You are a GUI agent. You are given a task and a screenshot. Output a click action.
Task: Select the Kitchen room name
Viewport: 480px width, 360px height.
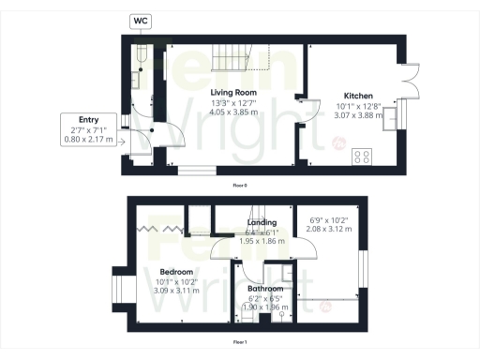359,97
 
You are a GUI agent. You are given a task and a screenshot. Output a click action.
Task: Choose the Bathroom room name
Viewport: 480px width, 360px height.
265,289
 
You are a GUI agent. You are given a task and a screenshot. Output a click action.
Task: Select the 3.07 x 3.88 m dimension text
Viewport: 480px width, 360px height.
359,116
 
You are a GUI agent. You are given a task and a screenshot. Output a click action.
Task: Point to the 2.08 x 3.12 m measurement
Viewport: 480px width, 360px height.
329,229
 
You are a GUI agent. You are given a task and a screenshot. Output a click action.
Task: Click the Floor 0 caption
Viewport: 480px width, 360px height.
240,186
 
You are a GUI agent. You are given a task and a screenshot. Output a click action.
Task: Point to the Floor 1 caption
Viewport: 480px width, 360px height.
240,343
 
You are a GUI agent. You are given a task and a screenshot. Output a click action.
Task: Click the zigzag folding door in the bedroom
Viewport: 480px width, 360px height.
157,229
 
